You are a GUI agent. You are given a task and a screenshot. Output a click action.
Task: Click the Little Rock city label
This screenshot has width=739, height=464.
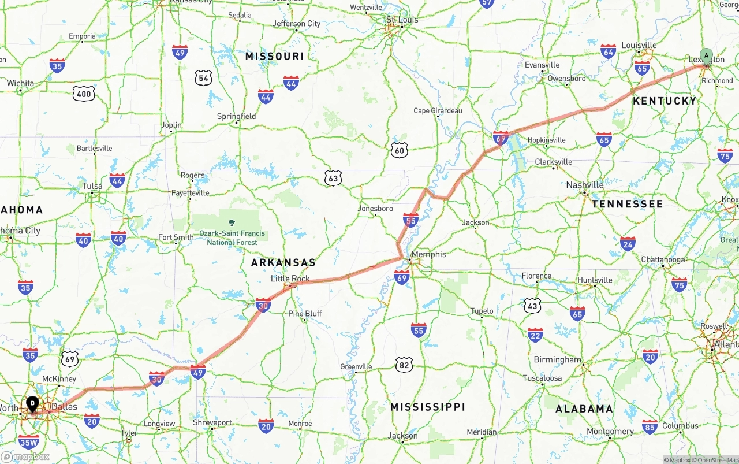[290, 279]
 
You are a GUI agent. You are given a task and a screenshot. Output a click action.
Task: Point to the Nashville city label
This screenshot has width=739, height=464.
[585, 185]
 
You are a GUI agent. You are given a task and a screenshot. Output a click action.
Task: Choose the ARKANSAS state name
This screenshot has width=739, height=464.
[283, 262]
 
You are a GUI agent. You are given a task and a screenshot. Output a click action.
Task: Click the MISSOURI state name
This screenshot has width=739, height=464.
[274, 56]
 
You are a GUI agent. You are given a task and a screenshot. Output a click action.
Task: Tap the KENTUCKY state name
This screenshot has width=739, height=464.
[665, 101]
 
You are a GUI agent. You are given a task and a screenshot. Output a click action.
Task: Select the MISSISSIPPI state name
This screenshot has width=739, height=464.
[427, 407]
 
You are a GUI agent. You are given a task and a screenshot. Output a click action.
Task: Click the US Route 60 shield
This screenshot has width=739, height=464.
[399, 151]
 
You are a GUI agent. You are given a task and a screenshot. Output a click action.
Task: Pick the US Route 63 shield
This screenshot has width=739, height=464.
[333, 178]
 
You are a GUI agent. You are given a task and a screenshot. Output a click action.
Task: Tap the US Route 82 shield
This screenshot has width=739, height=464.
[405, 365]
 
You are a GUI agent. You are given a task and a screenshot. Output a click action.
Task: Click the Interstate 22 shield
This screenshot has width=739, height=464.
[535, 335]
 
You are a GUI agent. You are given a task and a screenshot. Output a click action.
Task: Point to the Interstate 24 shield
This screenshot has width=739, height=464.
[628, 244]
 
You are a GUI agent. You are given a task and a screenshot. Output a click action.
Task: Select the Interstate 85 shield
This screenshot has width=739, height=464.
[650, 426]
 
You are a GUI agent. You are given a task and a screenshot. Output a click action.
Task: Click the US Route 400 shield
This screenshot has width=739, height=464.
[84, 94]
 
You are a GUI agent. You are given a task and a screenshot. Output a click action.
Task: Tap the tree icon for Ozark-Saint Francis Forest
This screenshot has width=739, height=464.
[232, 222]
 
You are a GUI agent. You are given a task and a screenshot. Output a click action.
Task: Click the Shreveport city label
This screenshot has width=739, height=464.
[212, 422]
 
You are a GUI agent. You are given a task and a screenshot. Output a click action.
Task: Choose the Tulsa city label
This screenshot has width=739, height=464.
[92, 186]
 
